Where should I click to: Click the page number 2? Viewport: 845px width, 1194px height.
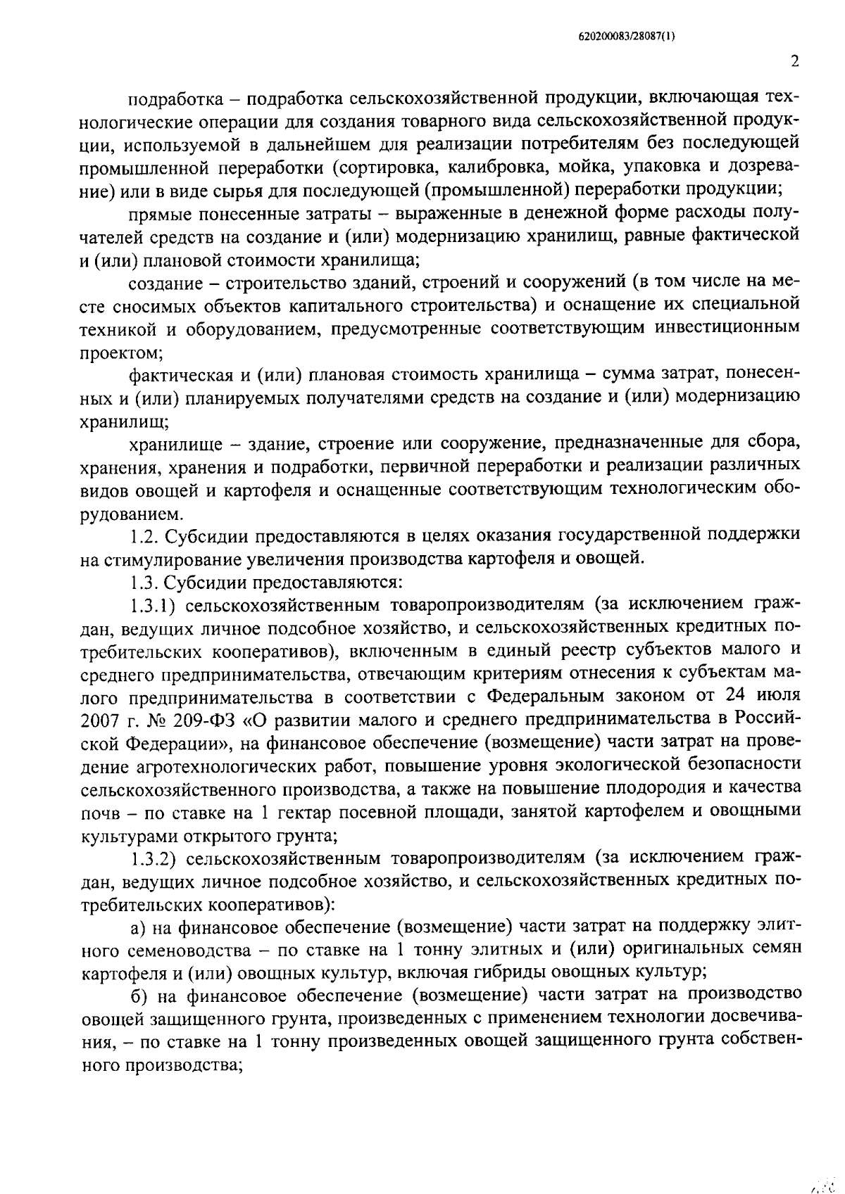(x=794, y=62)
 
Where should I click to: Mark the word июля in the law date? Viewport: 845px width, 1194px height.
(x=778, y=696)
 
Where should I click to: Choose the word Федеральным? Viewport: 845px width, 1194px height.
(x=549, y=696)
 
